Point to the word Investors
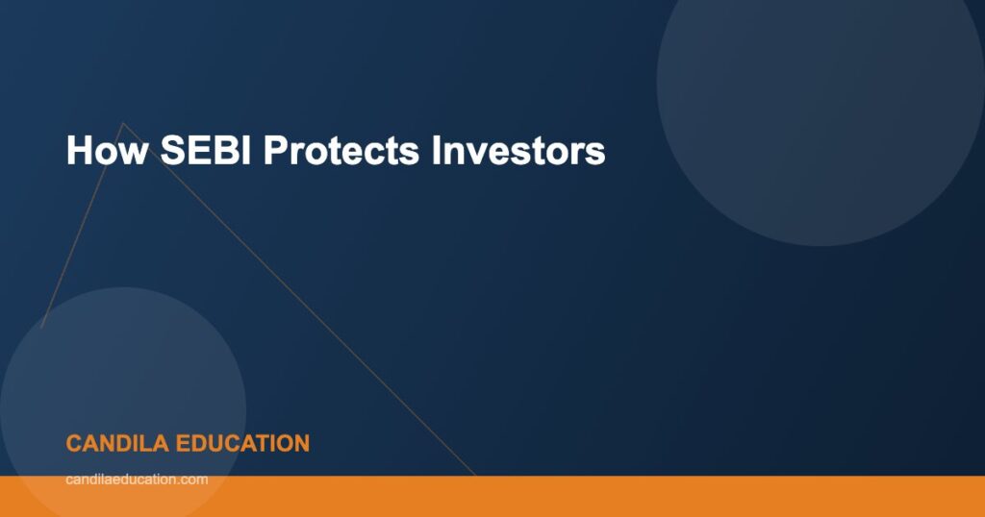(x=518, y=151)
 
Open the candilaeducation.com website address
(x=137, y=479)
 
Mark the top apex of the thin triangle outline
(x=121, y=123)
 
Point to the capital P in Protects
(x=275, y=151)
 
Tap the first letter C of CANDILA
(x=74, y=443)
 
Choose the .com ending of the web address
(x=193, y=479)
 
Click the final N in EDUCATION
(x=301, y=443)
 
